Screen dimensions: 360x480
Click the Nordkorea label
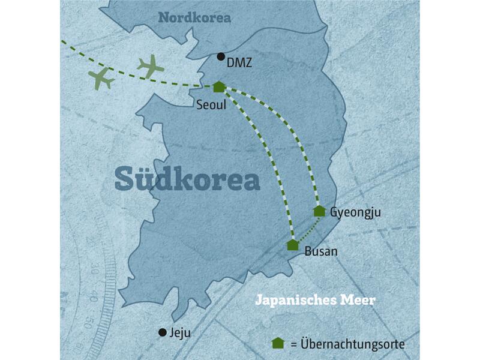[x=194, y=18]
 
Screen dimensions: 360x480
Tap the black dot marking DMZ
[x=221, y=57]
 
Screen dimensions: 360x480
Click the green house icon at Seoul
[x=219, y=87]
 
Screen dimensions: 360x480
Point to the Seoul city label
[x=211, y=105]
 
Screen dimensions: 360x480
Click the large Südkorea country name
[x=187, y=178]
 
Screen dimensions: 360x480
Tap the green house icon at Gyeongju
[x=319, y=211]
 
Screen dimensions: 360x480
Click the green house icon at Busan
[x=293, y=244]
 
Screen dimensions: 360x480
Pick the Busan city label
[x=321, y=251]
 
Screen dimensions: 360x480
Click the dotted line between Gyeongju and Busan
[x=307, y=229]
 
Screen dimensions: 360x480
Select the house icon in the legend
[x=278, y=343]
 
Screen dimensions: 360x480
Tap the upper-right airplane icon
[x=151, y=66]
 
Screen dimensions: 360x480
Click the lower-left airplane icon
[x=101, y=79]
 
